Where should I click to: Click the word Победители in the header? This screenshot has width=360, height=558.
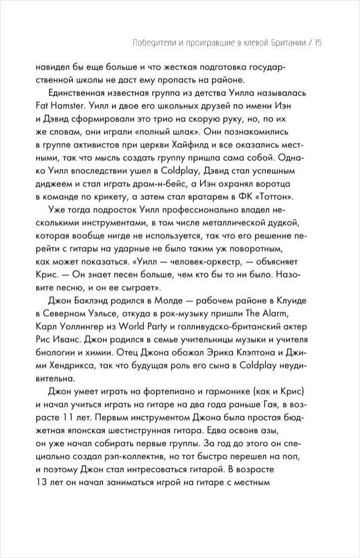(146, 42)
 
